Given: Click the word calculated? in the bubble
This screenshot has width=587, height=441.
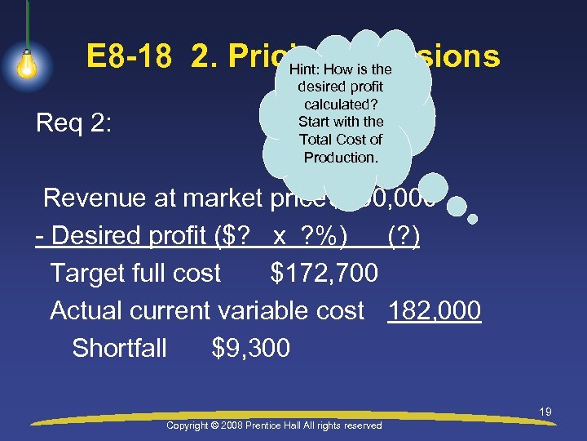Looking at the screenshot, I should tap(341, 104).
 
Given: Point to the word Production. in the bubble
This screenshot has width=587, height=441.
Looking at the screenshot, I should tap(341, 157).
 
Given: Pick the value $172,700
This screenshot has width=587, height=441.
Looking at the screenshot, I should tap(324, 273).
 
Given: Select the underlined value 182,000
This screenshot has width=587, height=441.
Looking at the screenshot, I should tap(435, 310).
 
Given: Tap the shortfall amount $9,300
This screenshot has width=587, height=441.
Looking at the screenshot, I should tap(250, 349).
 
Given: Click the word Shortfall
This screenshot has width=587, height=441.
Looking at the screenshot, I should tap(119, 349).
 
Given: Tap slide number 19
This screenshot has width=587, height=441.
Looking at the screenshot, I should tap(545, 412).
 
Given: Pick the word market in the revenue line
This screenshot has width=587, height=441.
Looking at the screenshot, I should tap(223, 198).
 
